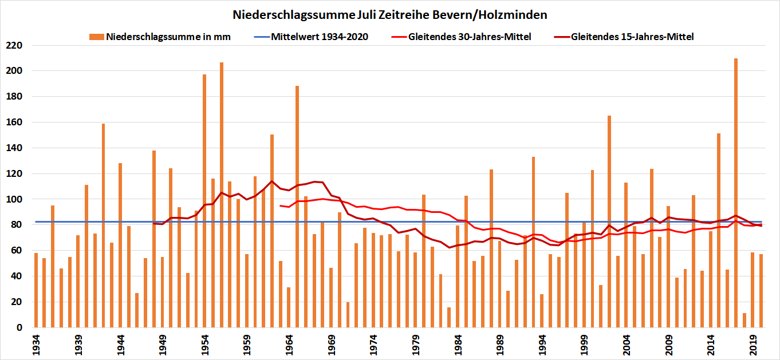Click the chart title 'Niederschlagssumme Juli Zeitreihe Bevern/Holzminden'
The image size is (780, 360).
point(390,14)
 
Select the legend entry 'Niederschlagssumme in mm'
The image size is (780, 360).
point(168,37)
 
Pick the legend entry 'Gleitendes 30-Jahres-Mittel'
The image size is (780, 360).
point(470,37)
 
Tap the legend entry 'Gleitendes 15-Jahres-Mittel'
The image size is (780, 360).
point(632,37)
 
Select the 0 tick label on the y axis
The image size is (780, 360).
point(18,327)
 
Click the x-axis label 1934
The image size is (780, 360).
point(36,345)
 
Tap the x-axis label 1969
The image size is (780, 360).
point(330,345)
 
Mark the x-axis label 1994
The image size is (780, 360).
point(541,345)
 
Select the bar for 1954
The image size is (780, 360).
point(204,201)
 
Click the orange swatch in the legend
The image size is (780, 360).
point(97,37)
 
